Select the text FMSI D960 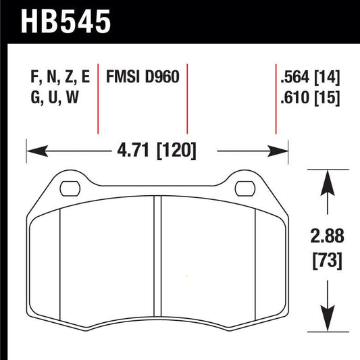tap(142, 76)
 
